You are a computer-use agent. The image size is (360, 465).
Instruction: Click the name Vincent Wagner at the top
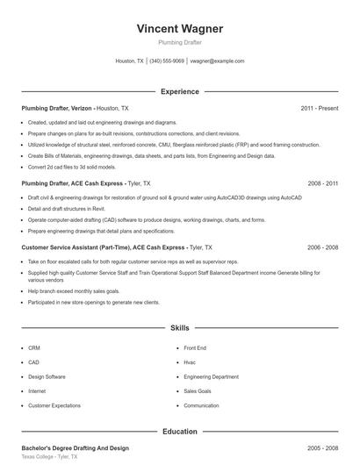(179, 29)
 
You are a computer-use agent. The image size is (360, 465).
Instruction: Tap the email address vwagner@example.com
(217, 61)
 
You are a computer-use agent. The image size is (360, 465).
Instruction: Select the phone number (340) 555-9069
(167, 61)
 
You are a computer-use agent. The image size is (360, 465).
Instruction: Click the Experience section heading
(179, 91)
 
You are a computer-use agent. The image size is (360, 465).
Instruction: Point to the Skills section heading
(179, 327)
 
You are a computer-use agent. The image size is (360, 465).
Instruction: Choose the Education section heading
(179, 432)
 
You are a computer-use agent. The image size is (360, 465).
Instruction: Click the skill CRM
(34, 347)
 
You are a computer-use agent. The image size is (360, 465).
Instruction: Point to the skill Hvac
(190, 361)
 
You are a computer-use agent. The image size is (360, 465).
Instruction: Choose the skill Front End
(195, 347)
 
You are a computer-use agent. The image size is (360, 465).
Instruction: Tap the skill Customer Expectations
(54, 405)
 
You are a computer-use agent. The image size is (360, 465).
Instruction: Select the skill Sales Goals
(198, 390)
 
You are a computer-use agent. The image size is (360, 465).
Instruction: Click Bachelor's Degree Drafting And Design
(75, 448)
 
